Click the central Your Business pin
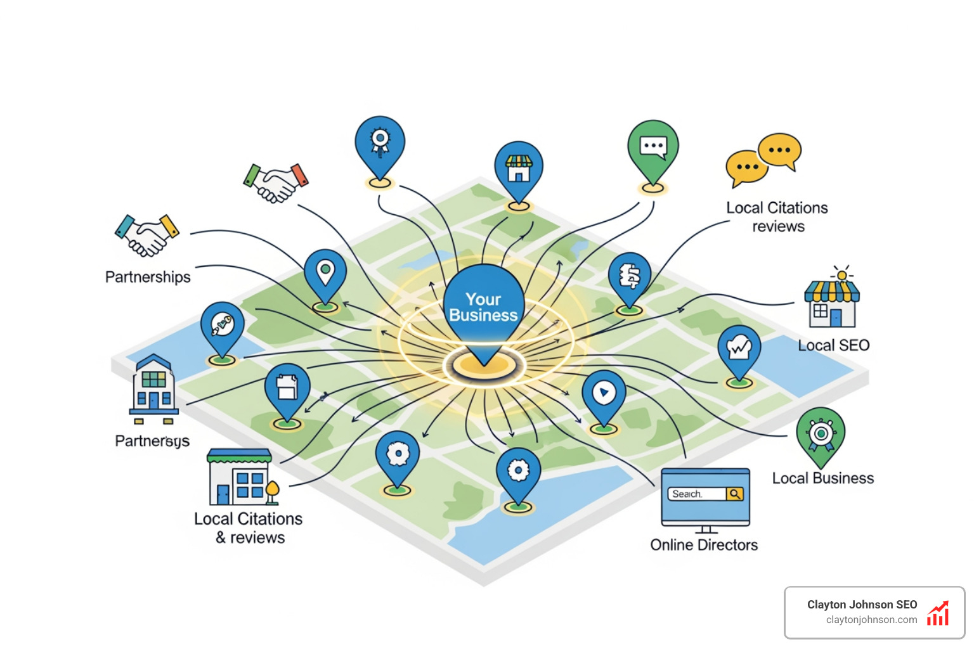(x=483, y=307)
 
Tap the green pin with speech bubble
(x=653, y=148)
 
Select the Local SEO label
(x=833, y=345)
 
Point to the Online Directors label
(x=704, y=545)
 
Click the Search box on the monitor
(x=696, y=494)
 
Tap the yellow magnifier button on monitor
(x=735, y=494)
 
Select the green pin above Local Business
(x=821, y=434)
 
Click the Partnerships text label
(x=148, y=277)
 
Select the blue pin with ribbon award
(x=379, y=143)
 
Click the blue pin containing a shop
(x=518, y=169)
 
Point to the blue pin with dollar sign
(x=629, y=278)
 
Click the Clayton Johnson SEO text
(x=862, y=605)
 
